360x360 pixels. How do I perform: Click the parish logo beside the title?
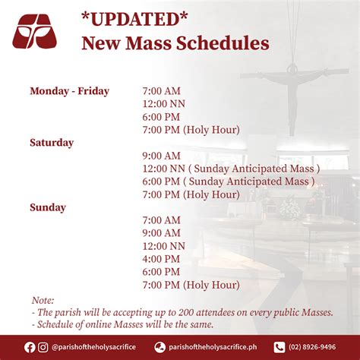[x=35, y=31]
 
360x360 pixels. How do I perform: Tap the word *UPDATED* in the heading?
[x=134, y=20]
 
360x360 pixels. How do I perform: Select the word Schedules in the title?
[x=223, y=43]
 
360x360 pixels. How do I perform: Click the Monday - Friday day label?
[x=70, y=91]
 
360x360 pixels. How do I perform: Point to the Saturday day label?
[x=52, y=143]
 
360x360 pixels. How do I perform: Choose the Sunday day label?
[x=48, y=207]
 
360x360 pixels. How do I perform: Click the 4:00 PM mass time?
[x=161, y=259]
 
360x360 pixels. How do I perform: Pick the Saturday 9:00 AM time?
[x=162, y=156]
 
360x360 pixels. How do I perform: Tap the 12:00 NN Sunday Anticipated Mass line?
[x=231, y=169]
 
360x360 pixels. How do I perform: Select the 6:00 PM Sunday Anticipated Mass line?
[x=229, y=182]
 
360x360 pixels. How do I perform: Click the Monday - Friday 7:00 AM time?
[x=162, y=91]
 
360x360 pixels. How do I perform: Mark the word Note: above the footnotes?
[x=43, y=300]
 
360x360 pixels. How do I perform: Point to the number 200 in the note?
[x=186, y=312]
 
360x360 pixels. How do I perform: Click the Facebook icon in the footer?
[x=30, y=347]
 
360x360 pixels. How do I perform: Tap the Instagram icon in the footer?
[x=43, y=347]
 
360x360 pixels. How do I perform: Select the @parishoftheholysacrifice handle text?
[x=93, y=347]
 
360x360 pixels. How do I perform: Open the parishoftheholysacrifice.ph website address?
[x=213, y=347]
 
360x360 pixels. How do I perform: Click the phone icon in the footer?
[x=279, y=347]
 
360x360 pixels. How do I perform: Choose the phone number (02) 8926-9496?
[x=312, y=347]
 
